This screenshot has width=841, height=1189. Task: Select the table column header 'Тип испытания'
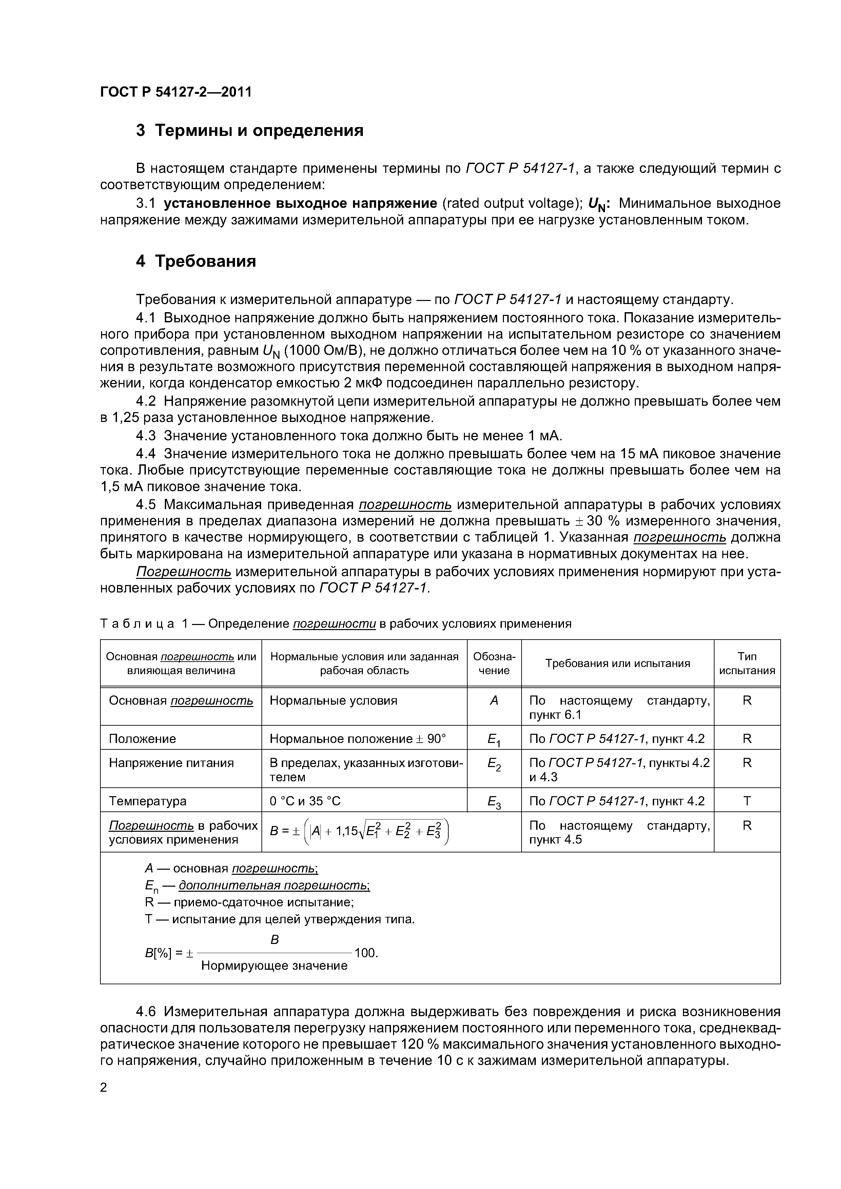(x=747, y=663)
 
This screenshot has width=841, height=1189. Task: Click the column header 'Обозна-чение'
(x=494, y=663)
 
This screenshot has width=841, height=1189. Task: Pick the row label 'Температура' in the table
(x=147, y=801)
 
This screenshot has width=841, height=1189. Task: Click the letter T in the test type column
(x=747, y=801)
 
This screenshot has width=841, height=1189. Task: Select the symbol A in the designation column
(x=494, y=701)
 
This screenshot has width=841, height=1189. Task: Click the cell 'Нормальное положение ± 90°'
(x=357, y=739)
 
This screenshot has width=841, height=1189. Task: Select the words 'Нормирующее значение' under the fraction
(x=274, y=966)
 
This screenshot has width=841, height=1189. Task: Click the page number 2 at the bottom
(x=104, y=1088)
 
